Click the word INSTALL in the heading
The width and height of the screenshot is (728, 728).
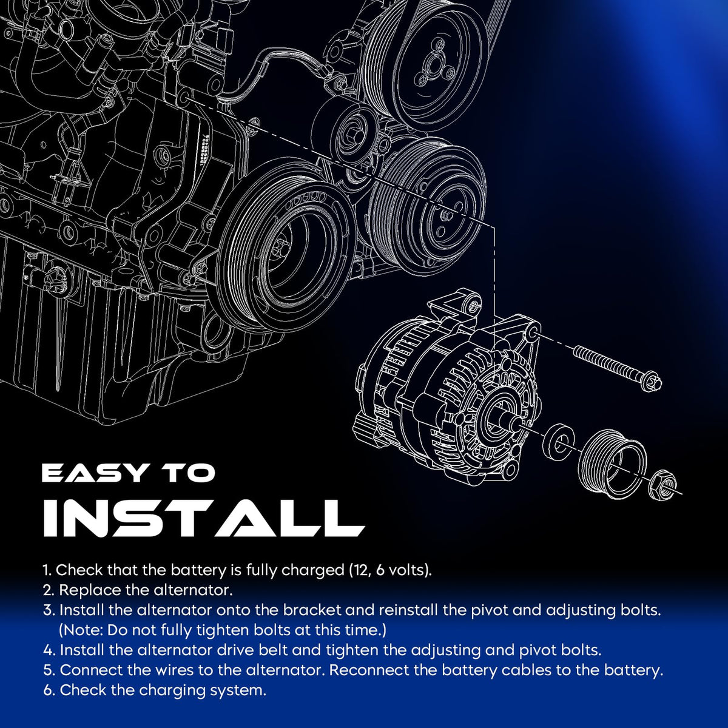(x=204, y=517)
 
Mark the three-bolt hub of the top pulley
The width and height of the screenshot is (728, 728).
(x=434, y=68)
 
